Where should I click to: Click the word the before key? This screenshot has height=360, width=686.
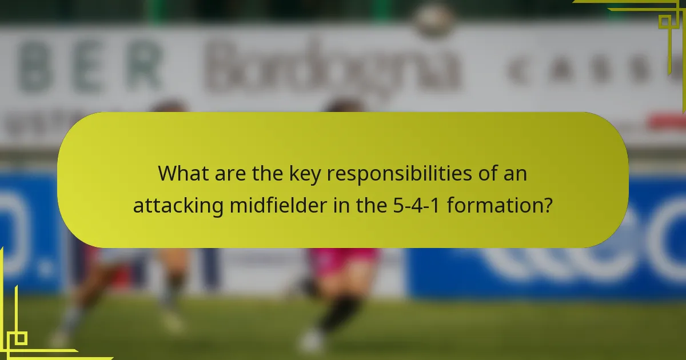click(271, 174)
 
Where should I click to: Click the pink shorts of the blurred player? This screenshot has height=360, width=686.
click(343, 262)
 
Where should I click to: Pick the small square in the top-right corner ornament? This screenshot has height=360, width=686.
click(665, 22)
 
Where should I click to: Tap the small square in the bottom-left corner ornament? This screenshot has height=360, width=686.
click(21, 338)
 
